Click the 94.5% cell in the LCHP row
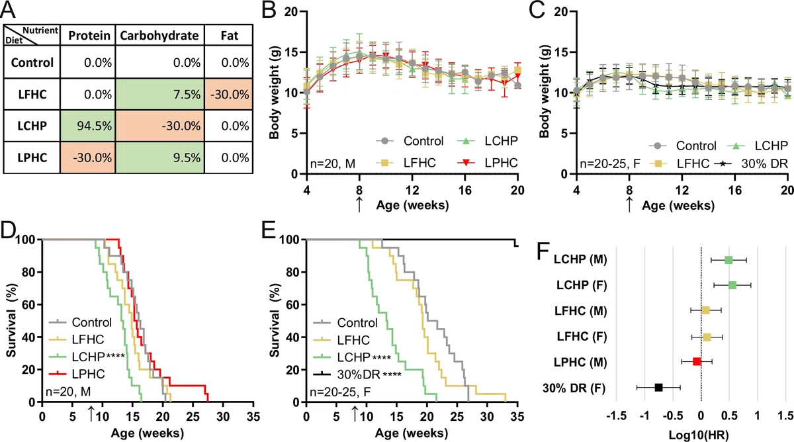pos(88,126)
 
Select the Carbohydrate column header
pos(159,35)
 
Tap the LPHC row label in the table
pos(32,157)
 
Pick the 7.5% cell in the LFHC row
pos(159,94)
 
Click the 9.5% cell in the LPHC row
pos(159,157)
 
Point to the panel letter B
pos(269,10)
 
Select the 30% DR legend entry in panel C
pos(751,163)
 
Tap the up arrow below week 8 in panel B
pos(359,204)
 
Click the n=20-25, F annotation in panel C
pos(610,163)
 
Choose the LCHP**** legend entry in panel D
pos(98,357)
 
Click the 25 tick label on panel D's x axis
pos(193,416)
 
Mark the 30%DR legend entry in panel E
pos(357,375)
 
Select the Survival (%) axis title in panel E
pos(275,320)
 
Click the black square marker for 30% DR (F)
pos(658,388)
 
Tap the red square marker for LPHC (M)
pos(697,361)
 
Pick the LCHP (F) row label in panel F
pos(582,285)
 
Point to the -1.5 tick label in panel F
pos(617,416)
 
